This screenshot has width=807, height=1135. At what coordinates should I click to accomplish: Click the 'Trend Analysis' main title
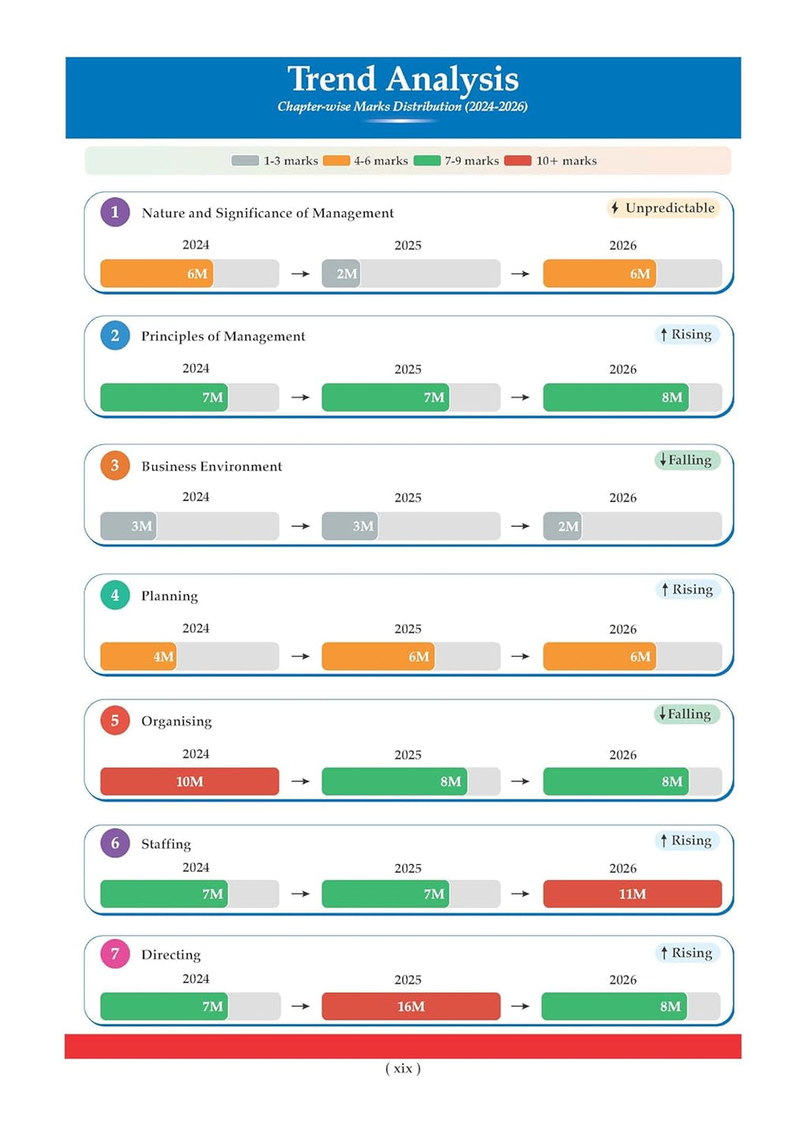coord(403,79)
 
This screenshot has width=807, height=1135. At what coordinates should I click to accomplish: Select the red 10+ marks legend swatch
coord(518,161)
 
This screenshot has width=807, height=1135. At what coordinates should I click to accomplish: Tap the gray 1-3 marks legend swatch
coord(245,161)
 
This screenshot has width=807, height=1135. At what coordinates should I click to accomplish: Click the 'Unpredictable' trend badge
coord(663,208)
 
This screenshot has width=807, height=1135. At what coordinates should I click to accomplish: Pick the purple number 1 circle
coord(115,212)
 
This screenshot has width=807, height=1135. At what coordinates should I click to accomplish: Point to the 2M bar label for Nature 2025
coord(347,273)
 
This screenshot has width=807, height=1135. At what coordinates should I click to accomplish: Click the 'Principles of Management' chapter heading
coord(223,336)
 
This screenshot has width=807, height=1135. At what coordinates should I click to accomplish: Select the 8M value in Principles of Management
coord(671,397)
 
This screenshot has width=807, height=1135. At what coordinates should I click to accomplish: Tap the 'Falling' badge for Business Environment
coord(687,460)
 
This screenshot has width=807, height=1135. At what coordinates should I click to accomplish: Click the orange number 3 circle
coord(115,465)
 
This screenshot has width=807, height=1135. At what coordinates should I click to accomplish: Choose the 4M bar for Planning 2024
coord(139,656)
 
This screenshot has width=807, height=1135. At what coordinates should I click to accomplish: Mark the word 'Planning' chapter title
coord(169,596)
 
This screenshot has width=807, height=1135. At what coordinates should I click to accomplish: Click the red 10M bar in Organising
coord(190,781)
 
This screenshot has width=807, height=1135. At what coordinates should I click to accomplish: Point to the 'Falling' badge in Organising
coord(687,714)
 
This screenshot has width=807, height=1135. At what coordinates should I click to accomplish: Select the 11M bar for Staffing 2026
coord(633,894)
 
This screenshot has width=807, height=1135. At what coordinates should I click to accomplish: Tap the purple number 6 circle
coord(115,843)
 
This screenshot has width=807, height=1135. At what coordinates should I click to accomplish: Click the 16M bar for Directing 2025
coord(411,1007)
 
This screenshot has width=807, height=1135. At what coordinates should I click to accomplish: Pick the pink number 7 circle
coord(115,954)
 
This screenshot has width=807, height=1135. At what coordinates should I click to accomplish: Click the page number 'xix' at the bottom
coord(403,1068)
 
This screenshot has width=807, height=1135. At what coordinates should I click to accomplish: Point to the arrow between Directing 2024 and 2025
coord(300,1007)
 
